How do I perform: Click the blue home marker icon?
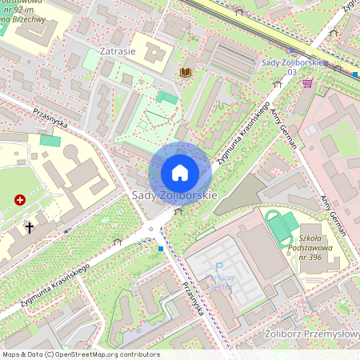179,173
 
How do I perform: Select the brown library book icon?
186,73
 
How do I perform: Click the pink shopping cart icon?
307,83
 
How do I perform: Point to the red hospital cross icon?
19,201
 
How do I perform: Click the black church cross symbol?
30,227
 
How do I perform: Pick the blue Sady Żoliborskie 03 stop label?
290,66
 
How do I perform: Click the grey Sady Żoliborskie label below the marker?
174,195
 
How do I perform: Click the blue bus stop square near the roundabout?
161,249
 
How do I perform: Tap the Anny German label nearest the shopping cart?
283,128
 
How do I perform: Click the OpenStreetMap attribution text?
80,354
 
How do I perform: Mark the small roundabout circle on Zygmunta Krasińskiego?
150,230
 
